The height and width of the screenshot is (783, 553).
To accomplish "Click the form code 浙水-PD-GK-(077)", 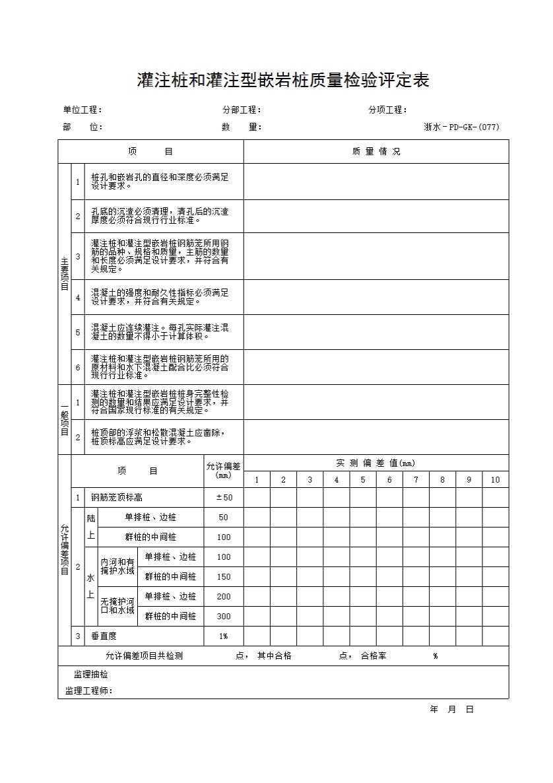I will pos(461,127).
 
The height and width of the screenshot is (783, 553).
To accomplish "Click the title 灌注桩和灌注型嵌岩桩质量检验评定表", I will pos(282,81).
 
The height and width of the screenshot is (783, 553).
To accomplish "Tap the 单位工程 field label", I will pos(82,110).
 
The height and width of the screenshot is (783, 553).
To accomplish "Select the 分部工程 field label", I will pos(242,110).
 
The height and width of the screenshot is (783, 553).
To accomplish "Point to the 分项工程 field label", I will pos(387,110).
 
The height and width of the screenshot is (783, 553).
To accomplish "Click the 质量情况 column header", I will pos(376,152).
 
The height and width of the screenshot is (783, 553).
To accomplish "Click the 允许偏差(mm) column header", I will pos(224,471).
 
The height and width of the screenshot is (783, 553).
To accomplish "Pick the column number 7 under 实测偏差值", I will pos(416,480).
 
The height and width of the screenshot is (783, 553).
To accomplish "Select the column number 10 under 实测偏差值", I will pos(495,480).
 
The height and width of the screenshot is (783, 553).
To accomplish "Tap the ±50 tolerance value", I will pos(224,498).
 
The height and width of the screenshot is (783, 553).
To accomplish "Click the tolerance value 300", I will pos(224,617).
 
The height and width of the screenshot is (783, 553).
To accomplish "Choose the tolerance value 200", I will pos(224,597).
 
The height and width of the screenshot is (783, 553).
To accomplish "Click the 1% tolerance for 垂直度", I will pos(224,636).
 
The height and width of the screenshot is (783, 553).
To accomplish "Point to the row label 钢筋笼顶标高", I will pos(117,498).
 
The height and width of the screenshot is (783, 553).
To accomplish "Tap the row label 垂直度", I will pos(104,636).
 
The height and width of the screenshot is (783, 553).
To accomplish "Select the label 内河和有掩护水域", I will pos(117,566).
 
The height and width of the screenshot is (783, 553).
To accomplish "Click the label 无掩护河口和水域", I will pos(117,606).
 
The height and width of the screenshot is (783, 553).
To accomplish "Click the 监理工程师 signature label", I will pos(88,691).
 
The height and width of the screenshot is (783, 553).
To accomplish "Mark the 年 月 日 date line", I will pos(452,710).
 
